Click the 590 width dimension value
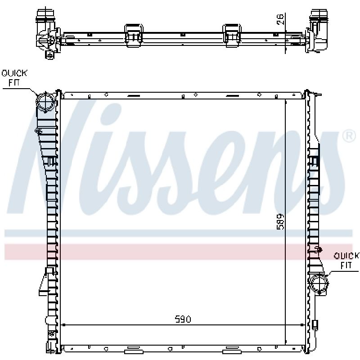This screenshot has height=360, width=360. point(183,319)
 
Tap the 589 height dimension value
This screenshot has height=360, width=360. point(280,221)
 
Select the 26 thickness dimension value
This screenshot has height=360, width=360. point(280,19)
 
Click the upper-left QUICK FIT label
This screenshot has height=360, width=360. point(14,78)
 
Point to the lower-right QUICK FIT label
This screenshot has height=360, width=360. point(346,261)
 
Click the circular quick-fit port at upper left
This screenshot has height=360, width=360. point(46,102)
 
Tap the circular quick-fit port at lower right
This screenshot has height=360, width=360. point(319,284)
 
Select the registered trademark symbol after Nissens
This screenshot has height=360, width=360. point(349,136)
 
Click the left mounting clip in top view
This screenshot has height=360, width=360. point(134,36)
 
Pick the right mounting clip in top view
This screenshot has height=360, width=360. point(232,36)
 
